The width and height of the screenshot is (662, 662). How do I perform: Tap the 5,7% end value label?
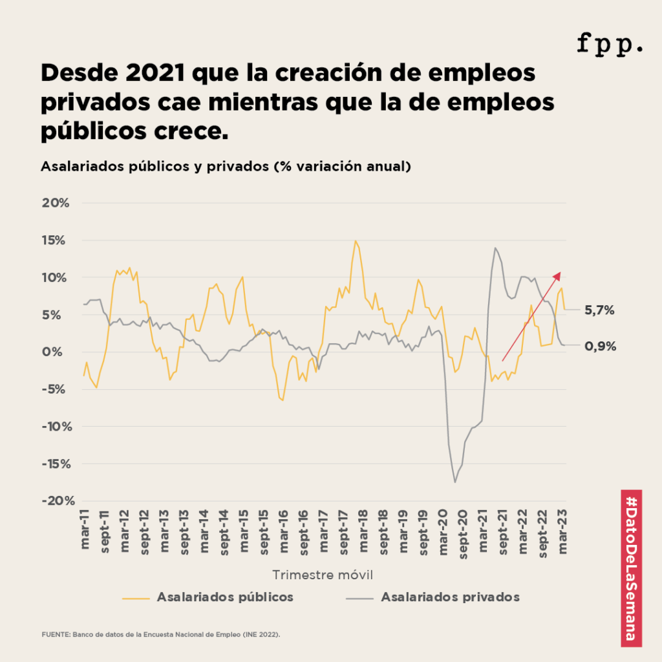(599, 310)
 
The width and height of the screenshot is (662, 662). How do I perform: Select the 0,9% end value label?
(599, 346)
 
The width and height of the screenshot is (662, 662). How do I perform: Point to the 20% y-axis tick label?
(56, 203)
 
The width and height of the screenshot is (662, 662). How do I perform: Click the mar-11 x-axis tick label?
(85, 532)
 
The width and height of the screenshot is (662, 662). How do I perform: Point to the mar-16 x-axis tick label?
(284, 532)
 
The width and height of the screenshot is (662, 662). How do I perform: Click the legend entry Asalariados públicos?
(225, 597)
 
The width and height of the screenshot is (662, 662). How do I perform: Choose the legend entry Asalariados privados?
(450, 597)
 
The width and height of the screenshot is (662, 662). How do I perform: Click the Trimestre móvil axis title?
(322, 575)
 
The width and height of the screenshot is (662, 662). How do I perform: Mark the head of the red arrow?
(559, 273)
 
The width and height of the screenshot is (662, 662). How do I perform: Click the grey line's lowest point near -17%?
(455, 482)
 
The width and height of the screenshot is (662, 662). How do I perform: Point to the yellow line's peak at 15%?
(356, 240)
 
